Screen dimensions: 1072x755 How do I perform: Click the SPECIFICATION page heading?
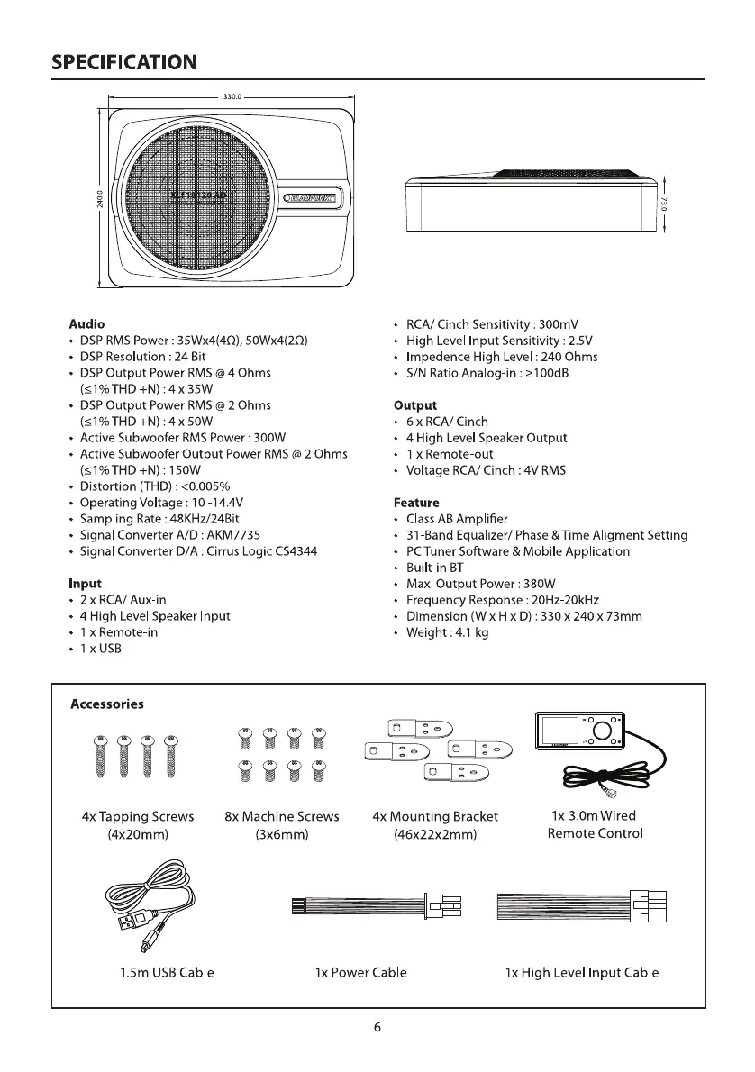(124, 62)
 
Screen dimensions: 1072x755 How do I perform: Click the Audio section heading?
(87, 323)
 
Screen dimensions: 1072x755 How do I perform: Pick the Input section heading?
(86, 584)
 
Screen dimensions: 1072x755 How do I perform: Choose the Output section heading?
(415, 405)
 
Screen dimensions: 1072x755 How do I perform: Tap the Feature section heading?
(417, 503)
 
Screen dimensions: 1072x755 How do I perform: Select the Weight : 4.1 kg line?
(450, 632)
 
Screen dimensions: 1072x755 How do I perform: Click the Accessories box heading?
(107, 704)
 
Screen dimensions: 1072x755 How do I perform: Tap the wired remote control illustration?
(578, 731)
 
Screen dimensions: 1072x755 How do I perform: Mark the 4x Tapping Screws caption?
(138, 816)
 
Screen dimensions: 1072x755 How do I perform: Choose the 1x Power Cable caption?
(360, 973)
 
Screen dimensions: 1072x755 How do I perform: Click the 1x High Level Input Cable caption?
(582, 973)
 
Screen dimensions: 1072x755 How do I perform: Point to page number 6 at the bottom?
(377, 1028)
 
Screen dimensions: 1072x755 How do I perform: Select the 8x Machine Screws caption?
(282, 816)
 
